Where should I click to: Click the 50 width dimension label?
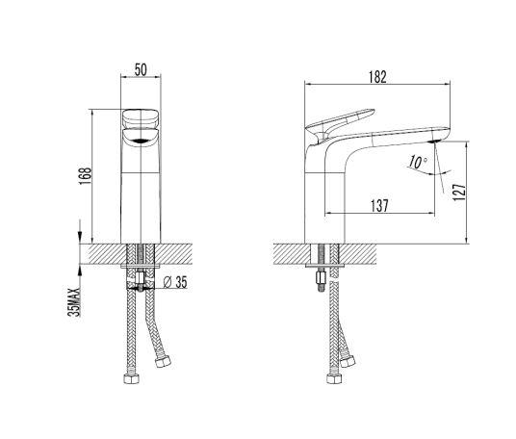click(141, 69)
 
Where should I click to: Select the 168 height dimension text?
click(85, 176)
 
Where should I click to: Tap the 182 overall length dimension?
click(377, 77)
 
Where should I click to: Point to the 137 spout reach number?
click(379, 206)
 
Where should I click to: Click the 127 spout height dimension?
click(459, 193)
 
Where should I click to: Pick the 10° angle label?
click(418, 163)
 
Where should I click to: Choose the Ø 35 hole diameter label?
click(175, 282)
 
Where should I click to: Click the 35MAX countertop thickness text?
click(74, 302)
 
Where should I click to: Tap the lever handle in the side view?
click(340, 124)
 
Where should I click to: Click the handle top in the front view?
click(141, 117)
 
